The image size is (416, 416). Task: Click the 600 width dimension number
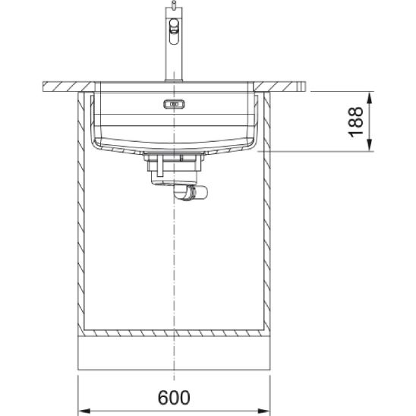[x=174, y=397]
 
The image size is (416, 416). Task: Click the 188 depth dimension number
[x=355, y=121]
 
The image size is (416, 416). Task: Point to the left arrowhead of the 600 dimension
[x=85, y=411]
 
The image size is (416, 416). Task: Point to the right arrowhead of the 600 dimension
[x=263, y=411]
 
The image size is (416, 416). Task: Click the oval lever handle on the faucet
[x=174, y=31]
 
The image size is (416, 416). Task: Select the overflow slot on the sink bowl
[x=174, y=104]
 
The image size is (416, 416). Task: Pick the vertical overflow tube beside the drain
[x=159, y=165]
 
